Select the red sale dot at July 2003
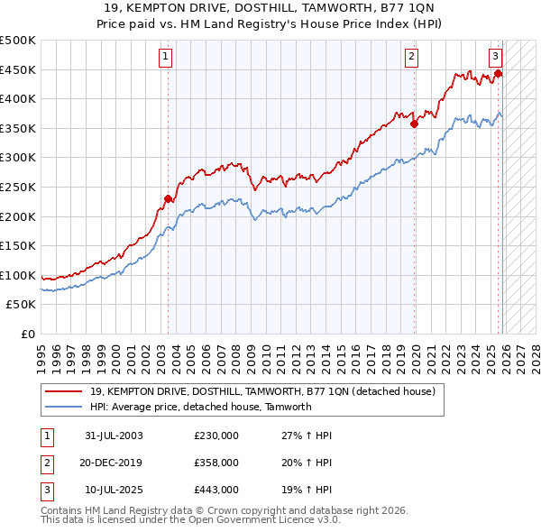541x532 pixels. click(x=168, y=198)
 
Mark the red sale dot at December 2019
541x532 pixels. click(x=415, y=124)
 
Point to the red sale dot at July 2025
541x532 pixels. click(x=498, y=74)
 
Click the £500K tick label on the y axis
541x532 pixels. click(x=18, y=41)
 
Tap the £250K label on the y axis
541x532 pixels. click(x=18, y=187)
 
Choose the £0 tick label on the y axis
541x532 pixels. click(x=28, y=334)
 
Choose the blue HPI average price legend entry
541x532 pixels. click(x=200, y=407)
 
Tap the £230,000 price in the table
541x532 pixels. click(x=216, y=436)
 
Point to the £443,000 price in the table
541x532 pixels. click(x=216, y=490)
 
